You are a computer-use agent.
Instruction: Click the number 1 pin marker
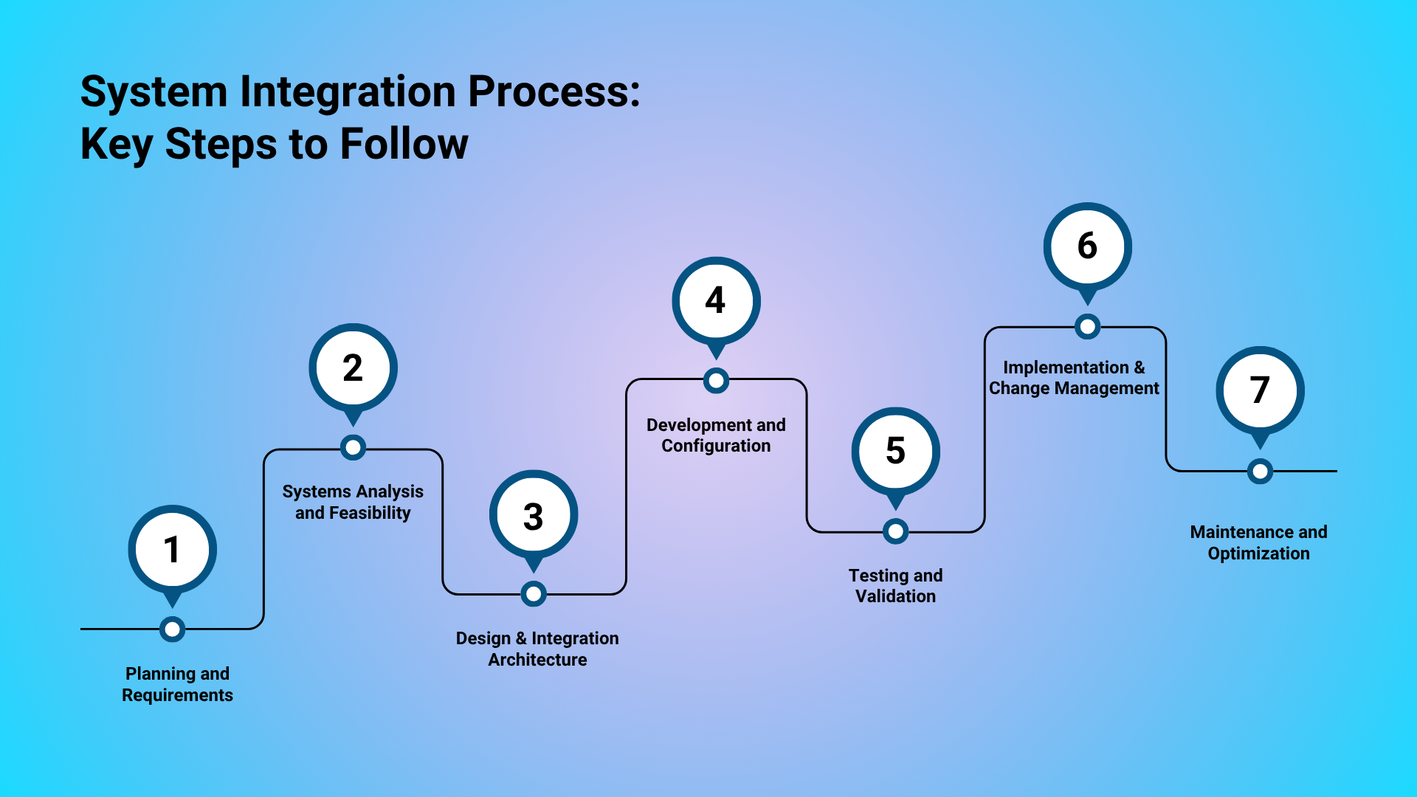[x=172, y=550]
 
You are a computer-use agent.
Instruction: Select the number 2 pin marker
[x=353, y=368]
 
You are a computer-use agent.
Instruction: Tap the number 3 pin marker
[x=533, y=515]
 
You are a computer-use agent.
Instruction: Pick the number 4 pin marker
[x=715, y=301]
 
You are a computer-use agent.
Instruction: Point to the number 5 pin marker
[x=895, y=451]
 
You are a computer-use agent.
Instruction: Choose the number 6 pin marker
[x=1087, y=246]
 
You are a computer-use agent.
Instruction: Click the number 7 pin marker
[x=1260, y=390]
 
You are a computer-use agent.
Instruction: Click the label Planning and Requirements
[x=177, y=684]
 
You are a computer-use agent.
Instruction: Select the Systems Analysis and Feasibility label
[x=353, y=502]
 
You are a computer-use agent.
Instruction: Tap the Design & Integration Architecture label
[x=537, y=649]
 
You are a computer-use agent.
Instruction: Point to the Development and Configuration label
[x=716, y=435]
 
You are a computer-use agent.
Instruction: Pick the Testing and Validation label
[x=895, y=586]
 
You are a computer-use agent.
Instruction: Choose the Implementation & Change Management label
[x=1074, y=378]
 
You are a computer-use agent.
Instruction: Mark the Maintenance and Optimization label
[x=1258, y=542]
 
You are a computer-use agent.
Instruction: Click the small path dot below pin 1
[x=172, y=629]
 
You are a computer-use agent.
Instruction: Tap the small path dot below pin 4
[x=716, y=381]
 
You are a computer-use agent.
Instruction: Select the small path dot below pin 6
[x=1087, y=326]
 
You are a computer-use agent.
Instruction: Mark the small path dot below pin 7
[x=1260, y=471]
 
